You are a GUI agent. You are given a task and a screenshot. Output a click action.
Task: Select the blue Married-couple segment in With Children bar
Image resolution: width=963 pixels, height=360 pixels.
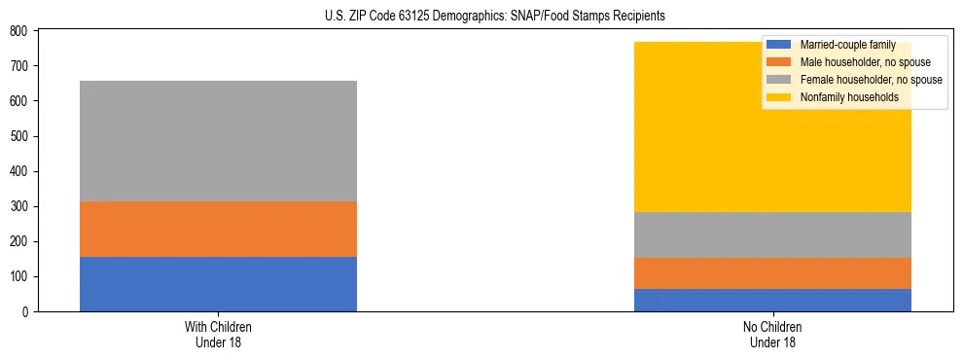click(218, 284)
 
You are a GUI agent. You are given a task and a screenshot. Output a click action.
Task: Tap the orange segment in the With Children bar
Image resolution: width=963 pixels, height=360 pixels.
click(218, 229)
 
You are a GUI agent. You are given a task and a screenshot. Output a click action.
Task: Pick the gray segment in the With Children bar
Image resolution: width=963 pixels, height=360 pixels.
click(218, 141)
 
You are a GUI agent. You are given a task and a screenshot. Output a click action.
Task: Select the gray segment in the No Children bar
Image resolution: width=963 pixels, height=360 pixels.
click(772, 234)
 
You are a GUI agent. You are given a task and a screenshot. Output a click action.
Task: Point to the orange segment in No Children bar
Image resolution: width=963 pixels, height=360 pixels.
click(772, 273)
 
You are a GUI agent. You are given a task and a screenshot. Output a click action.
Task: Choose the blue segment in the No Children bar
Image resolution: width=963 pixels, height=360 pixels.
click(772, 300)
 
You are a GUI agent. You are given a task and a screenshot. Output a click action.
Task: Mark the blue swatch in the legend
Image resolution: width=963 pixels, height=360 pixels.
click(779, 45)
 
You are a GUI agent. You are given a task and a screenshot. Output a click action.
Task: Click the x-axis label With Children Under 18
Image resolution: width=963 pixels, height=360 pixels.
click(218, 335)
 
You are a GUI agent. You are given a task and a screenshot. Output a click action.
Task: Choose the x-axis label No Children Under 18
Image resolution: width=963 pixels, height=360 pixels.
click(772, 335)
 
